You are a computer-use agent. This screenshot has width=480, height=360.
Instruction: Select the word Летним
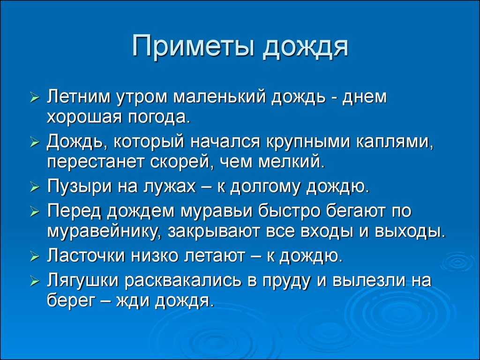point(80,97)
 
